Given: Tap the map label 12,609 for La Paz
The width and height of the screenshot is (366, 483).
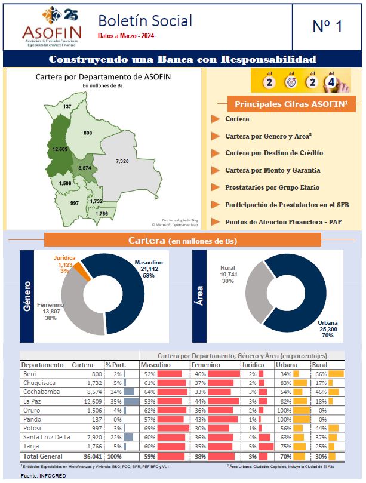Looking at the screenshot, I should pyautogui.click(x=60, y=149).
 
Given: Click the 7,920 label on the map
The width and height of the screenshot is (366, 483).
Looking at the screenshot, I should pyautogui.click(x=122, y=162).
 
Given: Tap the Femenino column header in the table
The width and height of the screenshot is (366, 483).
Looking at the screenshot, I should pyautogui.click(x=208, y=364).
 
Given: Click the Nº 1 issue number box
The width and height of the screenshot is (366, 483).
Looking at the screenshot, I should pyautogui.click(x=327, y=27).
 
